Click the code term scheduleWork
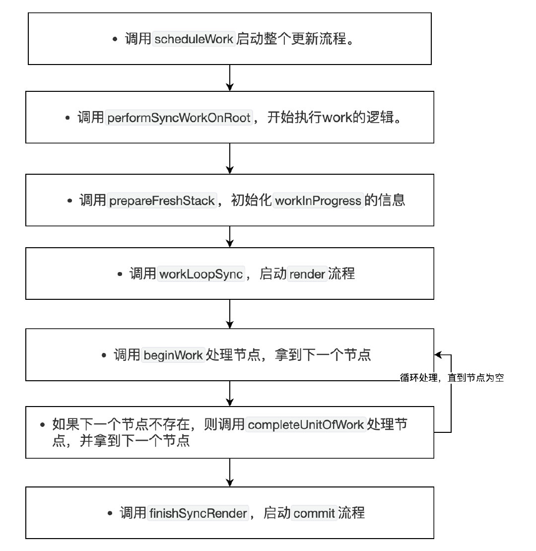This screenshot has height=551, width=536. coord(194,39)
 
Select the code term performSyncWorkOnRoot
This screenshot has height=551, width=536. coord(179,118)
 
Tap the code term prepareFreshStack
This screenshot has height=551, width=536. coord(162,201)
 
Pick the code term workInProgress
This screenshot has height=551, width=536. coord(318,201)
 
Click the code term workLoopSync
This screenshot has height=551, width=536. coord(201,274)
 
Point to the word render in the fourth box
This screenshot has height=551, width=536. coord(307,274)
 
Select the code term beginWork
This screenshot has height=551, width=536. coord(173,355)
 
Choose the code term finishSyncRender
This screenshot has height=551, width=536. coord(198,513)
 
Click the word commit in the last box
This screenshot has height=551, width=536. coord(314,513)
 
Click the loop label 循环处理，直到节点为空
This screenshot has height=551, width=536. coord(452,378)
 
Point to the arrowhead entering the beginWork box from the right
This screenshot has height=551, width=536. coord(438,355)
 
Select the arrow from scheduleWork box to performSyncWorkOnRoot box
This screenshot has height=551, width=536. coord(230,77)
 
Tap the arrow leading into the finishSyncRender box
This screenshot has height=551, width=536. coord(230,472)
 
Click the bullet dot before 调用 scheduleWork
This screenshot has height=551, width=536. coord(116,39)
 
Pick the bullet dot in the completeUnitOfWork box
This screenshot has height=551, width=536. coord(43,425)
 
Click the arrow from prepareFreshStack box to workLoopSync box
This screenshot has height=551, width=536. coord(230,236)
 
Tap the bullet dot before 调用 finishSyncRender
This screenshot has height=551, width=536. coord(110,513)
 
